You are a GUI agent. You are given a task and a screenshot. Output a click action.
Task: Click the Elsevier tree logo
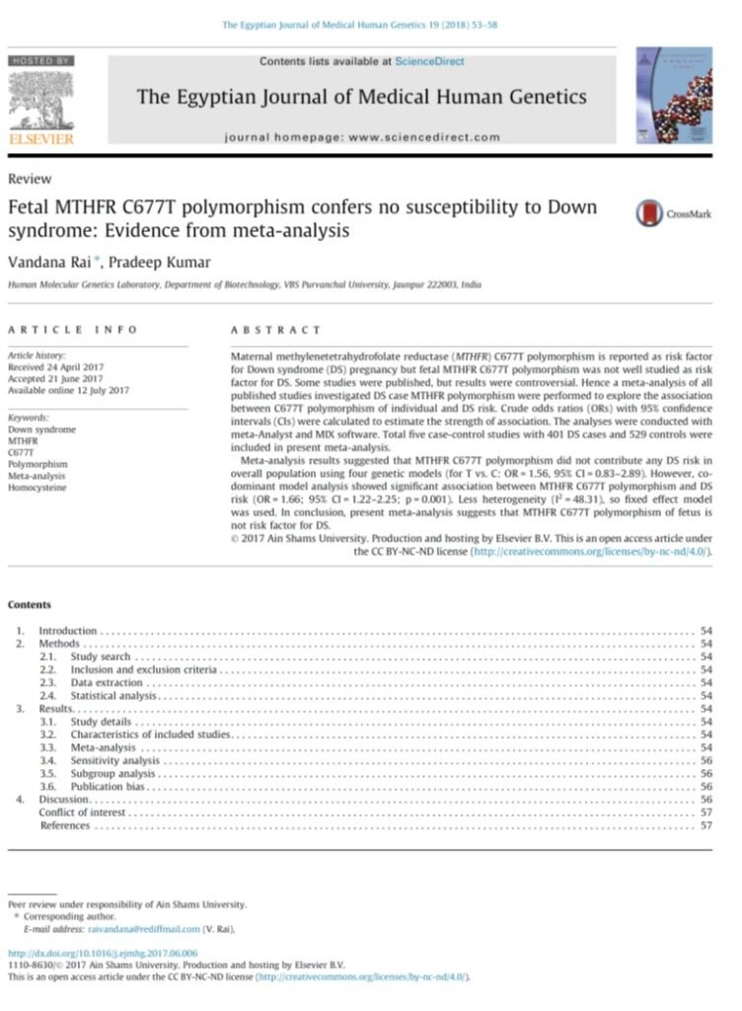pyautogui.click(x=40, y=100)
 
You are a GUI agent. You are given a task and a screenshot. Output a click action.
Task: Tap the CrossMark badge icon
pyautogui.click(x=648, y=213)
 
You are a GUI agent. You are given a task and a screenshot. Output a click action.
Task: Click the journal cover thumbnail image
pyautogui.click(x=674, y=95)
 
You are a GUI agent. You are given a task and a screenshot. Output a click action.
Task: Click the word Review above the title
pyautogui.click(x=29, y=179)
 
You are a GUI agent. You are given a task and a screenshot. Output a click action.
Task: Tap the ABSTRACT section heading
pyautogui.click(x=275, y=330)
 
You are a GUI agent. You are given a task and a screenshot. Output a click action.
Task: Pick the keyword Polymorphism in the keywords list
pyautogui.click(x=37, y=462)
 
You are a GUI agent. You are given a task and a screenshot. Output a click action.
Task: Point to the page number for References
pyautogui.click(x=705, y=825)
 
